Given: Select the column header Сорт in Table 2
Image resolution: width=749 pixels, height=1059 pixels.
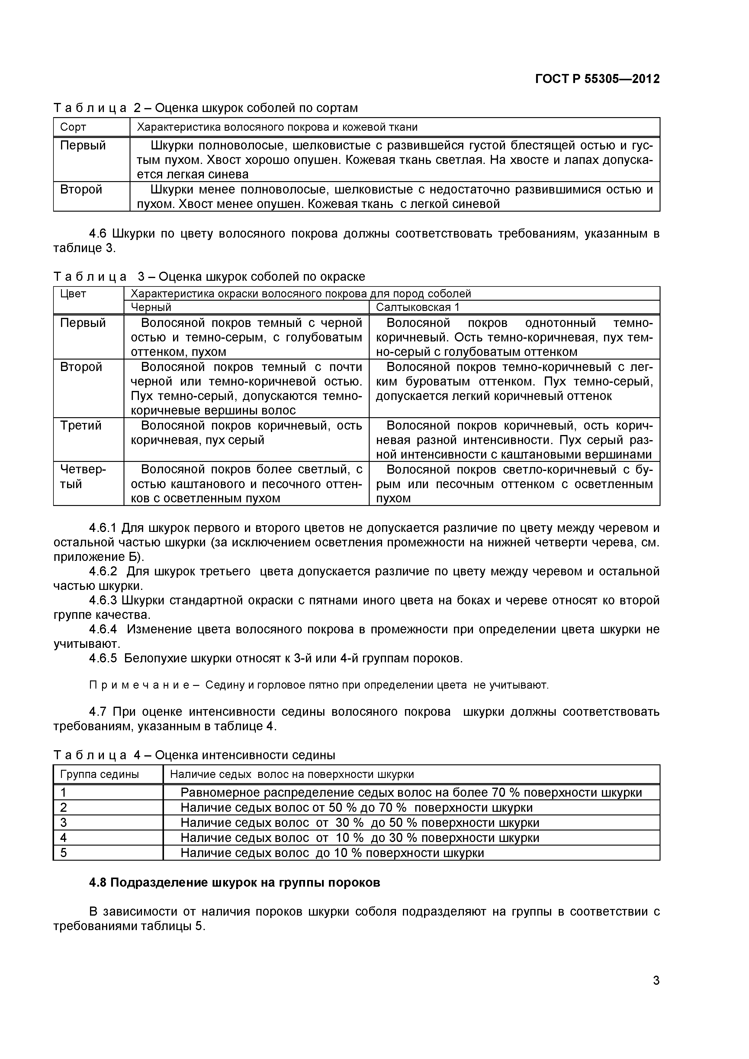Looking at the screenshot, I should pyautogui.click(x=73, y=127).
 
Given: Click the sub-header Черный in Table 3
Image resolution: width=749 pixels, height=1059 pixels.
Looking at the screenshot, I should pyautogui.click(x=151, y=307).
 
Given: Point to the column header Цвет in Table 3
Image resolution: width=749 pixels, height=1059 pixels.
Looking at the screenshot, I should pyautogui.click(x=73, y=294).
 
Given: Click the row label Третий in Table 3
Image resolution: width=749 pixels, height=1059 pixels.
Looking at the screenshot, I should pyautogui.click(x=81, y=425).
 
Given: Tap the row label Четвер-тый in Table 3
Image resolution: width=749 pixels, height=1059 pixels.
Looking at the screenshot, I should pyautogui.click(x=83, y=476).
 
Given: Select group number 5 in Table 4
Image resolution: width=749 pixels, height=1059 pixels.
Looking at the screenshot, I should pyautogui.click(x=64, y=853).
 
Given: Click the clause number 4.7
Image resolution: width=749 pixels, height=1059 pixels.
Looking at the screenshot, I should pyautogui.click(x=98, y=712).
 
